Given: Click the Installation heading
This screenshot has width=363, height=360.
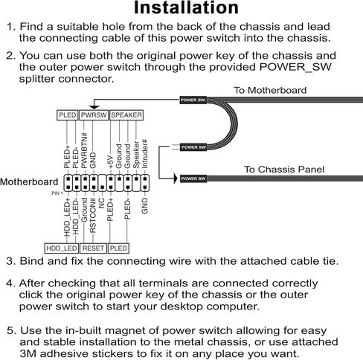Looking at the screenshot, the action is [186, 7].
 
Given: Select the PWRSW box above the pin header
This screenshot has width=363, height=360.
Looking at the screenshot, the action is [94, 115].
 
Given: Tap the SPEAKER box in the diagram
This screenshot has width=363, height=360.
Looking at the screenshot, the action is [126, 115].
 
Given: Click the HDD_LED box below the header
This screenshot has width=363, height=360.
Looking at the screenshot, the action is [62, 248].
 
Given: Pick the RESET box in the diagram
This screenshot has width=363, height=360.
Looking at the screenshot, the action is [93, 248].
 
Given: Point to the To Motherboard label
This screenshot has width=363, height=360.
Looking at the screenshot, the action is [270, 90].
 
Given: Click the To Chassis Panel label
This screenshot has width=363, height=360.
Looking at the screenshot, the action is [284, 170].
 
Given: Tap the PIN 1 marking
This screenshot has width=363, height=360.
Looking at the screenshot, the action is [57, 193].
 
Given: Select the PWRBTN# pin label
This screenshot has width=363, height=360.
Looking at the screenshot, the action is [84, 150].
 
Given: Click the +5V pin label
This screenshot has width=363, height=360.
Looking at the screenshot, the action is [111, 162].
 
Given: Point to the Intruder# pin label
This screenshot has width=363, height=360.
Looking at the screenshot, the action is [145, 153].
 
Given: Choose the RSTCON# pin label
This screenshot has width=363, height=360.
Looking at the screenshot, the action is [93, 216].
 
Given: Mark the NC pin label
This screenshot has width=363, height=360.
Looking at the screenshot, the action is [101, 202].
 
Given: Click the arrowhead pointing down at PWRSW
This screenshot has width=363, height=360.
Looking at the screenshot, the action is [94, 107].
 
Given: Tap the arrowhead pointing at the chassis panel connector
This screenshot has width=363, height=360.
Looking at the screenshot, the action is [176, 179].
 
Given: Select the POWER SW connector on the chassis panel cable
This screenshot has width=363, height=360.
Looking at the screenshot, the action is [193, 179].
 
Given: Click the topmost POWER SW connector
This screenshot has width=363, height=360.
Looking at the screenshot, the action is [193, 100].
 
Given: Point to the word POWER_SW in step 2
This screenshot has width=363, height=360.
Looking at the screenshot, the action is [295, 68].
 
